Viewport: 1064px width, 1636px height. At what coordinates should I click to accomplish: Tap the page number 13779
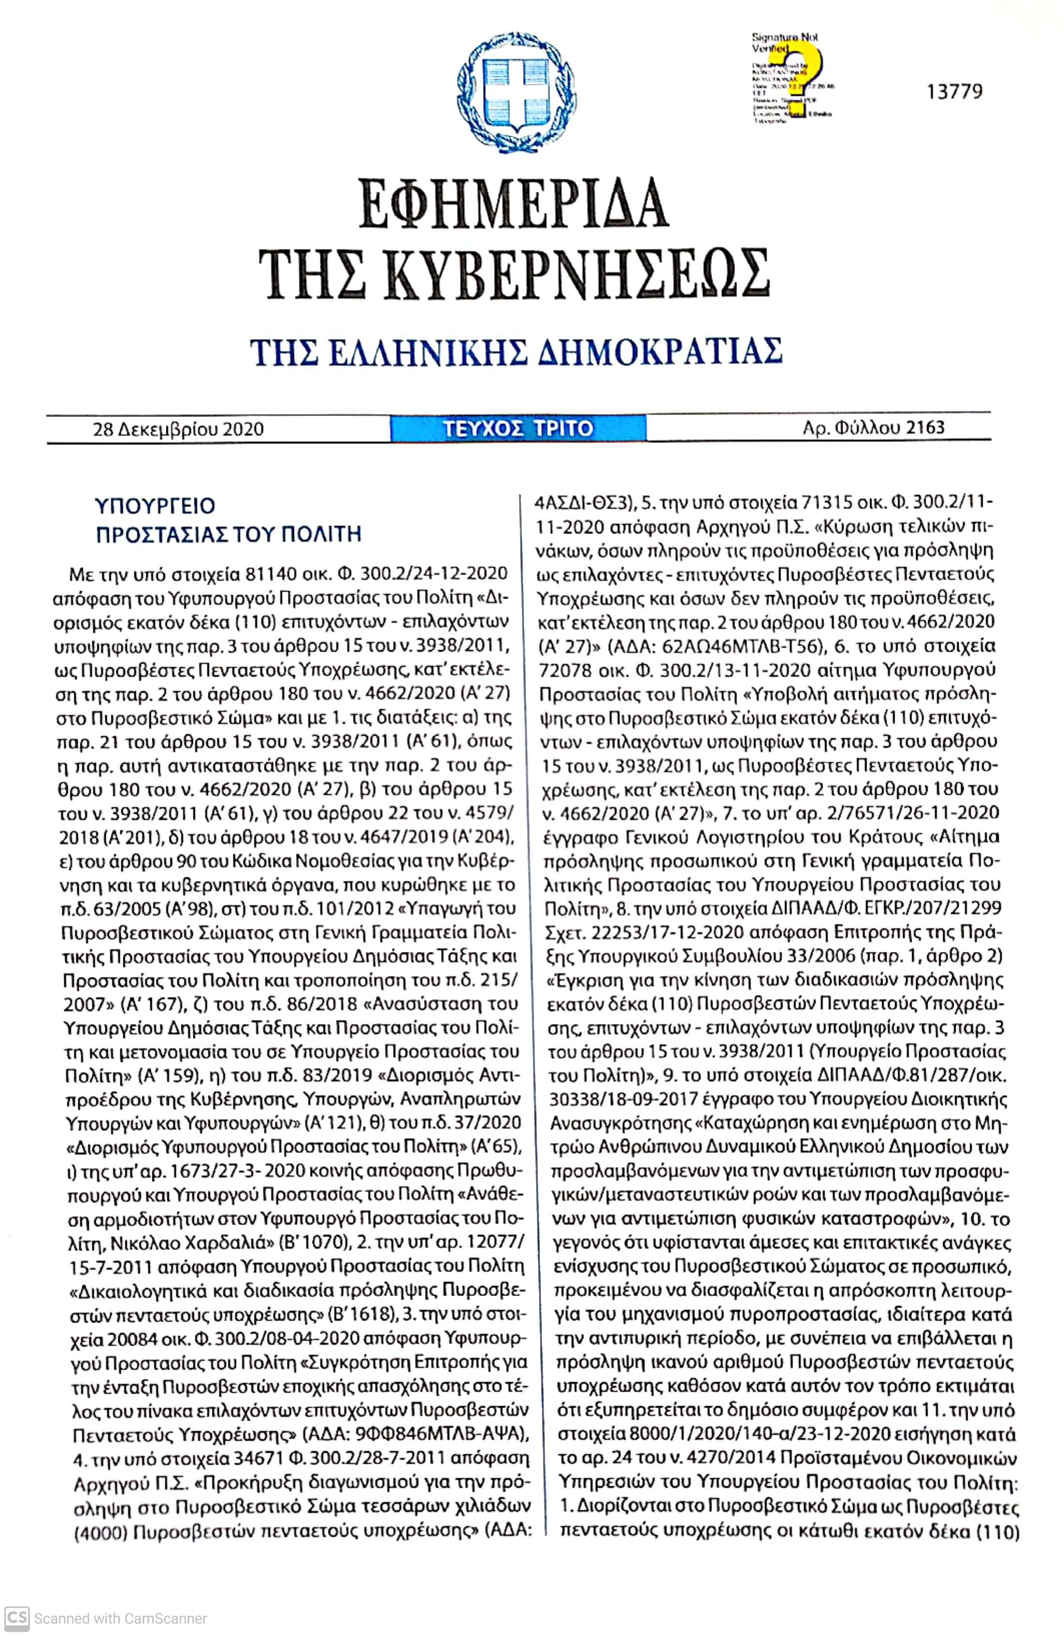click(x=954, y=91)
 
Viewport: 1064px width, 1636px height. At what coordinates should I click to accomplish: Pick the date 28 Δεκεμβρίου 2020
click(x=178, y=430)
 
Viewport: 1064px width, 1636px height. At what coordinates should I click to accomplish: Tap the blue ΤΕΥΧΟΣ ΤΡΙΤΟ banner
click(x=517, y=428)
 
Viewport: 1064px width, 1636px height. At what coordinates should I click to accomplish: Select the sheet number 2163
click(x=925, y=428)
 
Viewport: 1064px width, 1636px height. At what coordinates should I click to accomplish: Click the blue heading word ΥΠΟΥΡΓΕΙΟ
click(x=155, y=506)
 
